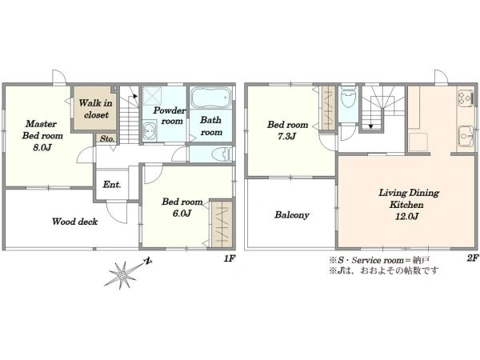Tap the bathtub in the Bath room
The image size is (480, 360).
[211, 98]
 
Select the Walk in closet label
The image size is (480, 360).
[96, 109]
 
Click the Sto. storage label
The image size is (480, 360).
[107, 138]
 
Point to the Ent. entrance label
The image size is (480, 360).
[112, 184]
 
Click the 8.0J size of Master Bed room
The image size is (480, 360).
[42, 147]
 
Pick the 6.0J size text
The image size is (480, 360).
[182, 213]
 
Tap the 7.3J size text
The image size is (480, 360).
[287, 136]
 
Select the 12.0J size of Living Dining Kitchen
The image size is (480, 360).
[406, 217]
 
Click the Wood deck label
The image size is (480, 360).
[74, 222]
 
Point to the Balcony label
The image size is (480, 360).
[292, 215]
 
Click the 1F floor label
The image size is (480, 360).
[230, 258]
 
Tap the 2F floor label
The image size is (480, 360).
[472, 258]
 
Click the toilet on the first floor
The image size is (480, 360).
[222, 154]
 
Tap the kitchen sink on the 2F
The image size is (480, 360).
[466, 136]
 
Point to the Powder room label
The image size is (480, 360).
[170, 115]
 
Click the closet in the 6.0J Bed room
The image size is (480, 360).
[222, 224]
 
